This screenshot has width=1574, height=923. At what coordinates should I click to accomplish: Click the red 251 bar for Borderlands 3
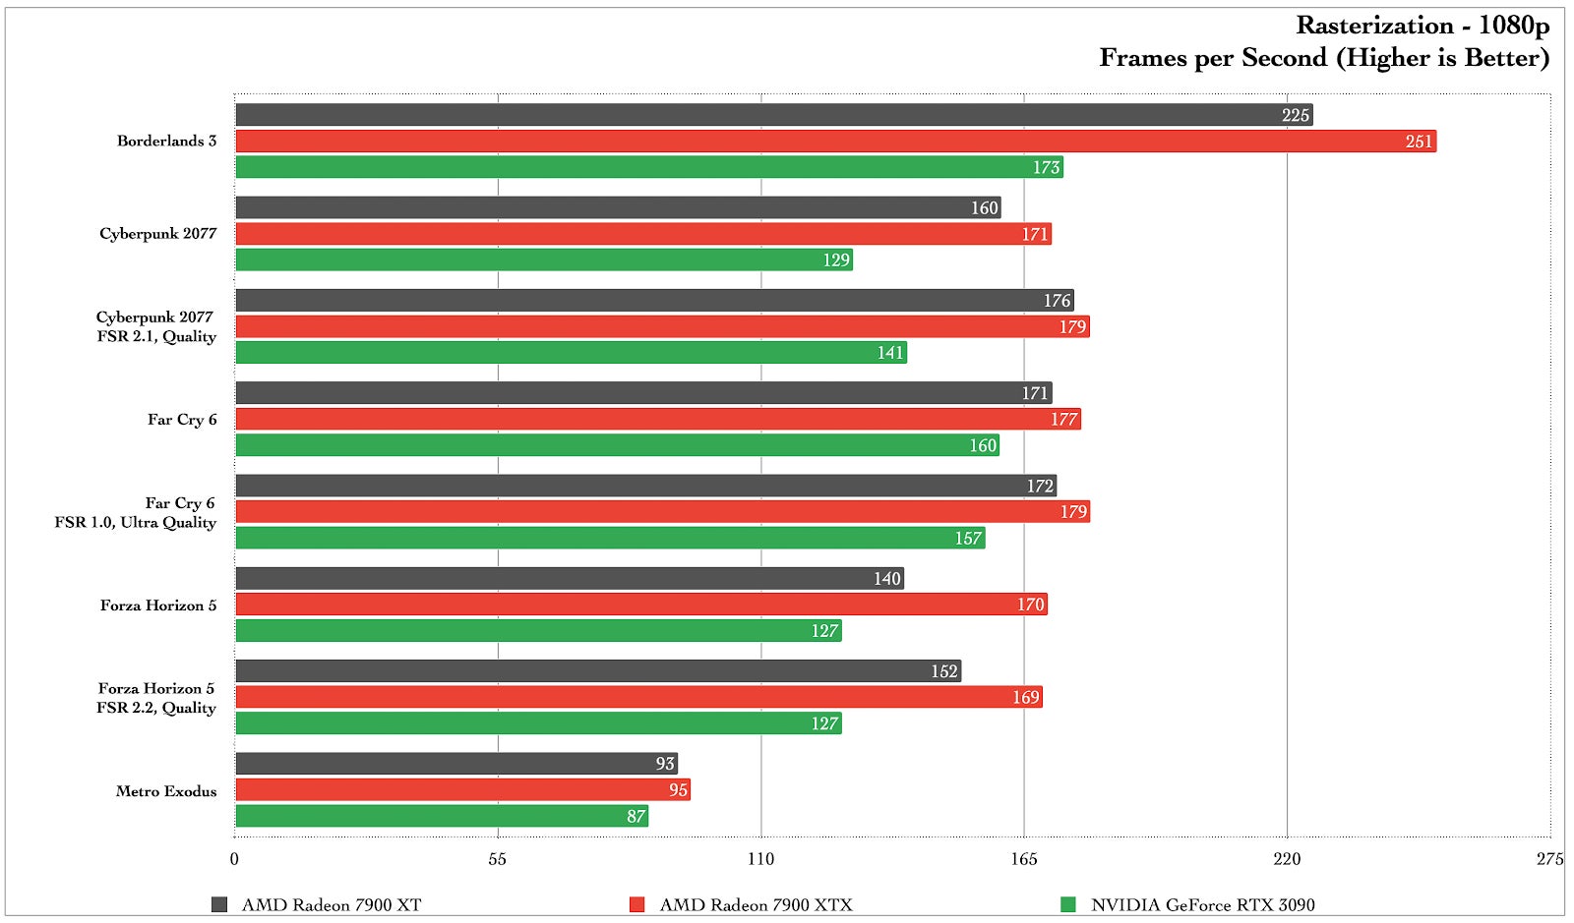pyautogui.click(x=836, y=142)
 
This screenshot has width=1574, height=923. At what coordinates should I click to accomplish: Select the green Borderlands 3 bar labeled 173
pyautogui.click(x=649, y=167)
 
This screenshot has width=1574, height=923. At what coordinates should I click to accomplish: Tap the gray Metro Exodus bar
pyautogui.click(x=456, y=764)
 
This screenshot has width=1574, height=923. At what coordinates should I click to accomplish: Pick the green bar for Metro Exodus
pyautogui.click(x=442, y=816)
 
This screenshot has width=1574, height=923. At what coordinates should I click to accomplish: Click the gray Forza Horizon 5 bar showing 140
pyautogui.click(x=570, y=579)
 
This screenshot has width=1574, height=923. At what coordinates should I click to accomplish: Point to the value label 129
pyautogui.click(x=836, y=260)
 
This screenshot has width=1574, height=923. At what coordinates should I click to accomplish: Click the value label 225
pyautogui.click(x=1295, y=116)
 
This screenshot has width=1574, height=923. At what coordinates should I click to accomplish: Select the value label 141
pyautogui.click(x=890, y=353)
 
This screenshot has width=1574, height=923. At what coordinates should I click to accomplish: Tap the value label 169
pyautogui.click(x=1025, y=698)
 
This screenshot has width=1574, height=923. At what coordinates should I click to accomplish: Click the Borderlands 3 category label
pyautogui.click(x=166, y=141)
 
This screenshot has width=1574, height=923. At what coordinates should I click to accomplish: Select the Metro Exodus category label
pyautogui.click(x=166, y=791)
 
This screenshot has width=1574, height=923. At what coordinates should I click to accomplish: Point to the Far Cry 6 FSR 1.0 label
pyautogui.click(x=136, y=513)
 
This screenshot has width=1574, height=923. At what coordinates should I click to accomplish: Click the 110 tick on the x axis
pyautogui.click(x=760, y=859)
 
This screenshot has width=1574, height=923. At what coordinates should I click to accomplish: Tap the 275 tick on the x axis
pyautogui.click(x=1549, y=859)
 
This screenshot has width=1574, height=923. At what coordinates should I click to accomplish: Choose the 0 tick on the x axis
pyautogui.click(x=234, y=859)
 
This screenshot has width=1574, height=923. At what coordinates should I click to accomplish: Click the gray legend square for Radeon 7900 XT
pyautogui.click(x=219, y=904)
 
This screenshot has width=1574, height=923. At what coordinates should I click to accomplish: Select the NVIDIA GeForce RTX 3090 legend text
pyautogui.click(x=1202, y=904)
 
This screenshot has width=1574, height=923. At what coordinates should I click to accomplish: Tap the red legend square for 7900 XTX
pyautogui.click(x=637, y=904)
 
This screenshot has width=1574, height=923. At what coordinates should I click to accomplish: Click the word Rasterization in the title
pyautogui.click(x=1374, y=26)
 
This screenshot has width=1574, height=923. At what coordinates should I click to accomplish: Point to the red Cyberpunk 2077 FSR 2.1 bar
pyautogui.click(x=662, y=326)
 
